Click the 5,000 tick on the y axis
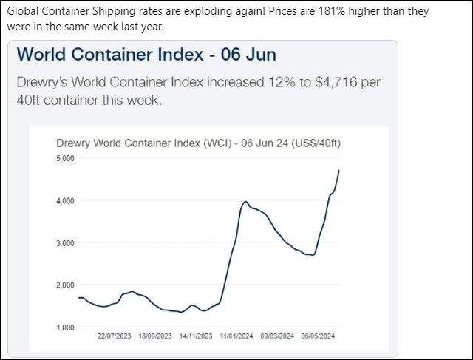[x=66, y=159]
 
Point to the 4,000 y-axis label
[x=66, y=201]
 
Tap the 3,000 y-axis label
[x=66, y=243]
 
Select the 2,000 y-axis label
[x=66, y=285]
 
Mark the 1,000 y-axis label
[x=66, y=327]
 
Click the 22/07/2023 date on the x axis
[x=114, y=336]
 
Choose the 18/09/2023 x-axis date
[x=155, y=336]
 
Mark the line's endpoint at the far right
[x=339, y=171]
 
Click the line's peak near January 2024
[x=245, y=201]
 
